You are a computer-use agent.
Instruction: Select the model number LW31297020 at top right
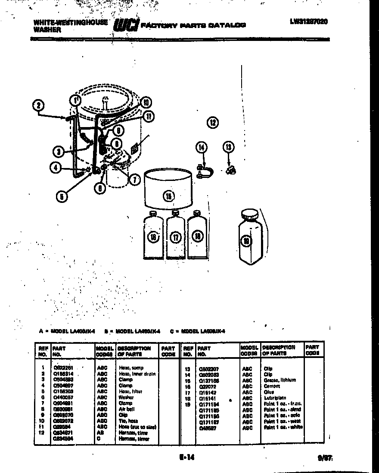point(308,21)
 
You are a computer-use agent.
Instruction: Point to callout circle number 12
point(213,122)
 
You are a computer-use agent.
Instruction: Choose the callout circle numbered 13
point(228,147)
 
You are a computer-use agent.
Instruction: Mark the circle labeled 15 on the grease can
point(169,196)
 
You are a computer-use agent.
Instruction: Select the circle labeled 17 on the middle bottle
point(175,236)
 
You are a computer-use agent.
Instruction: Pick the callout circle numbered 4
point(56,168)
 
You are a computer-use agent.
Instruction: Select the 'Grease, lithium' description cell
point(280,380)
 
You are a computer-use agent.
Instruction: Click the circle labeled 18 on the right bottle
point(197,236)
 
